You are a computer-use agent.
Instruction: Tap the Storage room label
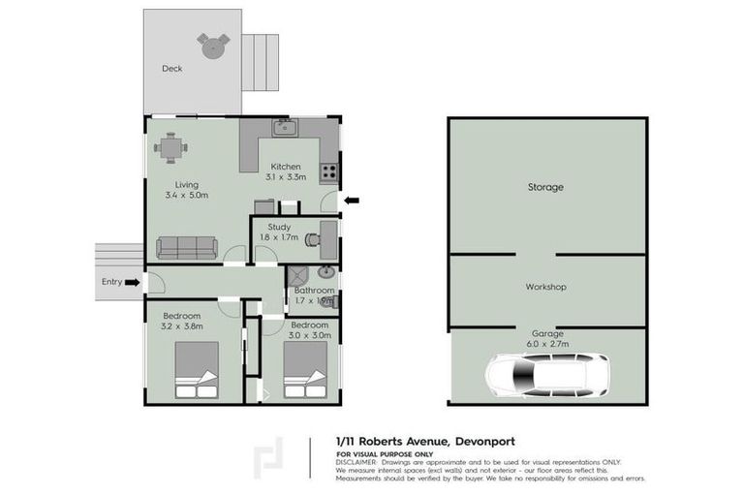[x=545, y=187]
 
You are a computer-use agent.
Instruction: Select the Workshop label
[x=545, y=287]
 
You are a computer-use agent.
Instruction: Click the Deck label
[x=172, y=69]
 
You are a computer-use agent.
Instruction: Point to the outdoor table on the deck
[x=213, y=44]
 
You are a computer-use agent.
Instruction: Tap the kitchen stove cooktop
[x=329, y=173]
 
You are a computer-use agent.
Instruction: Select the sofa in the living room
[x=187, y=247]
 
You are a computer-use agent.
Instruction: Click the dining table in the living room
[x=170, y=147]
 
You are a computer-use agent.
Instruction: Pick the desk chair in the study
[x=312, y=237]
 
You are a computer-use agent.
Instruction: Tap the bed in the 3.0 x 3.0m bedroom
[x=309, y=372]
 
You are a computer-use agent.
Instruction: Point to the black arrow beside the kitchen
[x=352, y=201]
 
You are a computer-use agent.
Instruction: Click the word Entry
[x=112, y=282]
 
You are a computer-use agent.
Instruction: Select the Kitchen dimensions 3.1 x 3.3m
[x=286, y=177]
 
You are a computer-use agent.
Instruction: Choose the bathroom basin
[x=326, y=272]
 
